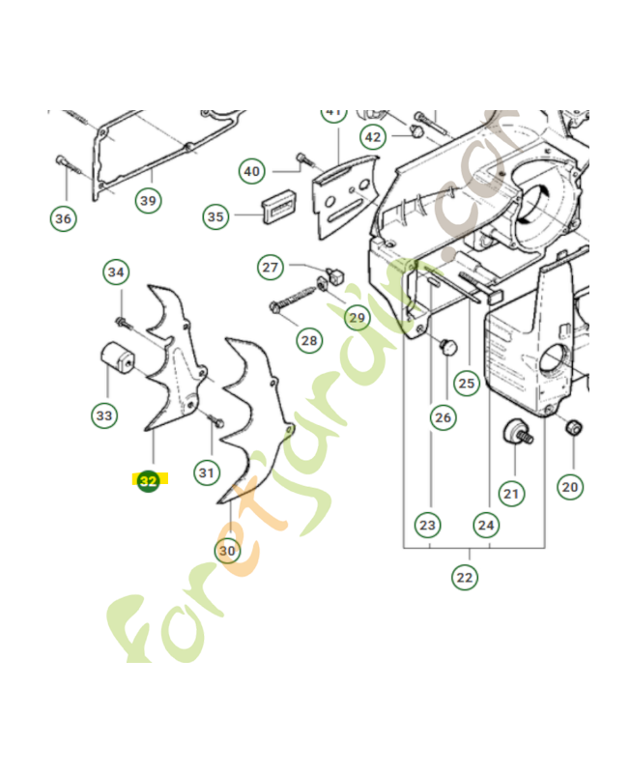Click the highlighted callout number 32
tap(148, 480)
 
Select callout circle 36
tap(63, 218)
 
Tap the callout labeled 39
tap(148, 200)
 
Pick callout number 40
tap(252, 172)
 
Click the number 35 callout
tap(215, 217)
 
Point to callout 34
tap(117, 272)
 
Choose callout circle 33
tap(103, 415)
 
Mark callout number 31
tap(206, 472)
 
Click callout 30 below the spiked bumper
tap(227, 551)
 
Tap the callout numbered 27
tap(271, 267)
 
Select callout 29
tap(357, 317)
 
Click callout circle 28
tap(309, 340)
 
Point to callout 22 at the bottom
tap(465, 577)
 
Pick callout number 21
tap(510, 494)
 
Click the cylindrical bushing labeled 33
tap(116, 359)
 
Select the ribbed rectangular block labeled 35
tap(277, 205)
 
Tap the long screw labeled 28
tap(295, 295)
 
